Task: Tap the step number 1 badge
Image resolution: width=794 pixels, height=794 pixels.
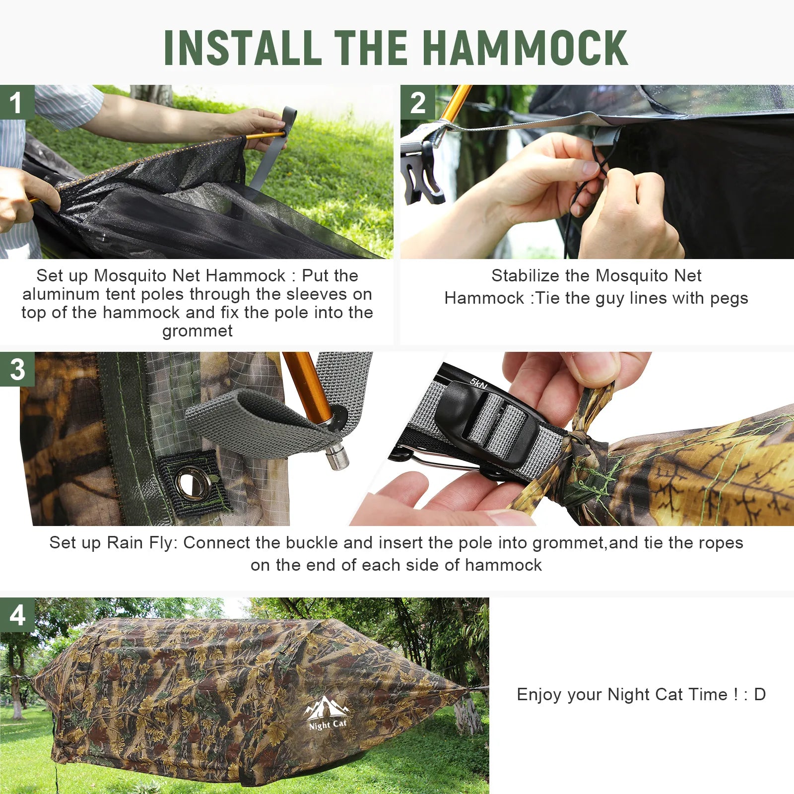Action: coord(17,103)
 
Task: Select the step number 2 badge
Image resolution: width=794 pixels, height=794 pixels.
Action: coord(418,103)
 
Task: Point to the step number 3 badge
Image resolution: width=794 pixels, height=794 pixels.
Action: coord(17,369)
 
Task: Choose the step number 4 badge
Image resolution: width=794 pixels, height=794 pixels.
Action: coord(17,615)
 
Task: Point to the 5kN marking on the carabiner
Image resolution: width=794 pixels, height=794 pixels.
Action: coord(479,384)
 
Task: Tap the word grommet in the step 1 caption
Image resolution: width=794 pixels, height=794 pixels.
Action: coord(198,331)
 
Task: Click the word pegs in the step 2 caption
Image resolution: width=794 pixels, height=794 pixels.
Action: coord(729,299)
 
